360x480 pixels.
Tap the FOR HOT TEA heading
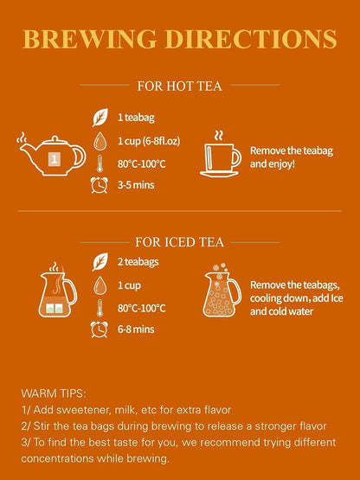[179, 86]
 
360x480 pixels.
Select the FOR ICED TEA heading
[179, 242]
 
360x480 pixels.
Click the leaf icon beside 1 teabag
[100, 118]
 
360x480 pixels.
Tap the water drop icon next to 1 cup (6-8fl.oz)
[100, 141]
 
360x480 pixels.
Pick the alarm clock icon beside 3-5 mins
[100, 185]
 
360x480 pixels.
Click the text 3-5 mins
[136, 185]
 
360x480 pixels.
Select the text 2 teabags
[138, 262]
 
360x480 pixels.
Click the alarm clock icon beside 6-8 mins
[100, 330]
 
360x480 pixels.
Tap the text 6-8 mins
[136, 330]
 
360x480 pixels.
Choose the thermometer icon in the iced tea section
[100, 308]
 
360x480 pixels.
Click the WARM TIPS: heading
[54, 394]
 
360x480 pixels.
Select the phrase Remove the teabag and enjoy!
[292, 157]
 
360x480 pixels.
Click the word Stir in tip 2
[42, 426]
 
